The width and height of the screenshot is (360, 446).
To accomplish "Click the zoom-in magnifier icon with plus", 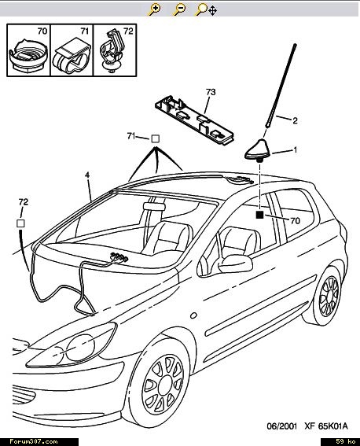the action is coord(154,9).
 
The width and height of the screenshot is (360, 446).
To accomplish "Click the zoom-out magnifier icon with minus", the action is coord(179,9).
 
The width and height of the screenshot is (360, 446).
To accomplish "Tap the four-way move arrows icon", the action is coord(212,11).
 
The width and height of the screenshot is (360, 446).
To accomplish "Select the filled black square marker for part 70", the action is coord(259,215).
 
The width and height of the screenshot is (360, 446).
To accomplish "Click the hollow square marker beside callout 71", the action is coord(155,138).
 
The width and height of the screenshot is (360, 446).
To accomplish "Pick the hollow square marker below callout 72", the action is coord(20,223).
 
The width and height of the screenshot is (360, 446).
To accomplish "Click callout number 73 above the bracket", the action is coord(211,92).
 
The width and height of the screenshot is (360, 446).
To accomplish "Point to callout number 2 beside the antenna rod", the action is coord(295,120).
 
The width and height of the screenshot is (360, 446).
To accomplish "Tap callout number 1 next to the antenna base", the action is coord(296,149).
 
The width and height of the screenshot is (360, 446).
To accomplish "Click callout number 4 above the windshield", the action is coord(87,175).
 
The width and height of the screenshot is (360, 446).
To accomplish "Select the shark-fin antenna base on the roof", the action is coord(259,149).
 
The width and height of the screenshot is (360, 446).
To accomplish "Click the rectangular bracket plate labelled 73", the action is coord(194,120).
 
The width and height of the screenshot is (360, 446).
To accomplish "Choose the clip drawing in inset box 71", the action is coord(72,55).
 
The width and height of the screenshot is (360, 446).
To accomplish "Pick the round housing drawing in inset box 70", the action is coord(28,57).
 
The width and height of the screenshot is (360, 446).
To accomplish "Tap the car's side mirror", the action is coord(235,264).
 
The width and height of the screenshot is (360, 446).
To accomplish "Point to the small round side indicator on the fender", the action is coord(193,315).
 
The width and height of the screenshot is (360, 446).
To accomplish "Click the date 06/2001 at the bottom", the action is coord(281,426).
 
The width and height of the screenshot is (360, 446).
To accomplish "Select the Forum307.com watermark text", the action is coord(34,441).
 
